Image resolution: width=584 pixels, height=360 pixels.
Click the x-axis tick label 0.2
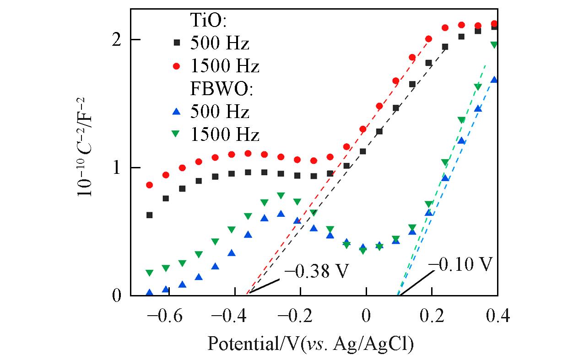(x=432, y=317)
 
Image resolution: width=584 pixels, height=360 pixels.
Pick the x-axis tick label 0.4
(x=497, y=317)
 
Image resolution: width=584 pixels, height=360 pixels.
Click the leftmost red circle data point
(x=149, y=185)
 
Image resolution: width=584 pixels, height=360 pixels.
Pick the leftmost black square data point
(x=149, y=215)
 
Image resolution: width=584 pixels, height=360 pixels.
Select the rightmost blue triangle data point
(x=494, y=80)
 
